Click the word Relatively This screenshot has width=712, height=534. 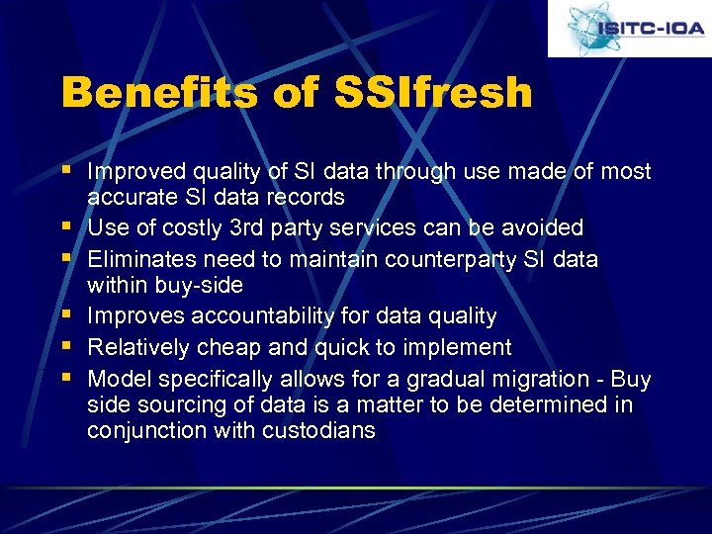138,347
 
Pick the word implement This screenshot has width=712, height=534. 461,347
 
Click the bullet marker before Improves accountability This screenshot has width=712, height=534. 67,315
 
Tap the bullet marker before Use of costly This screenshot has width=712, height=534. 67,226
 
